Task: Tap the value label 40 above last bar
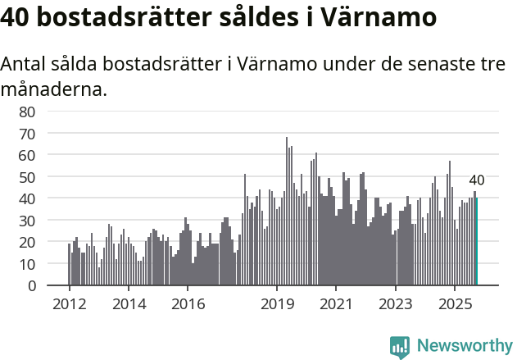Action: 477,180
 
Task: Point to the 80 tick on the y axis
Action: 50,112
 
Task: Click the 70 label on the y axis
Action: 50,133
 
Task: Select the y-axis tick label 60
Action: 50,155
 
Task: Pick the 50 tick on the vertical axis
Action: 50,177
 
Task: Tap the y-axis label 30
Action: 50,221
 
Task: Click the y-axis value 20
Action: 50,243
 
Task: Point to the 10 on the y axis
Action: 50,264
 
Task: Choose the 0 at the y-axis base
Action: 54,286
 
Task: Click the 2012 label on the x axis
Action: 69,304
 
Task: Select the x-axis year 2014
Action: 128,304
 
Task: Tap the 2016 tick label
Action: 187,304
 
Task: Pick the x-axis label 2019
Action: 277,304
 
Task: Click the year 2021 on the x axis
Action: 336,304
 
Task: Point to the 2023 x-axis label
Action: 395,304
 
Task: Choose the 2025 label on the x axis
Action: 454,304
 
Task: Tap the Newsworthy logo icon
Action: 400,347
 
